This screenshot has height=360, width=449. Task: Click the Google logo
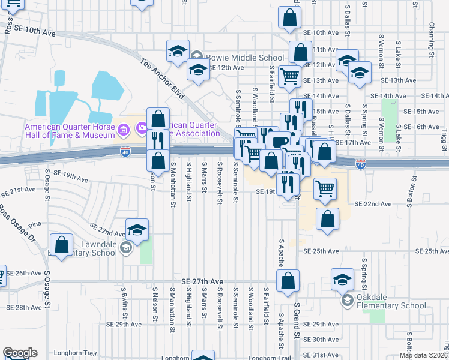(x=20, y=353)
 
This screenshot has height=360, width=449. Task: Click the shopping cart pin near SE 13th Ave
(x=289, y=76)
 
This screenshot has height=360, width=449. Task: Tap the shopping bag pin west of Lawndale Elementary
(x=61, y=245)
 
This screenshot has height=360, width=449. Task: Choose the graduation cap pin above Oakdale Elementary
(x=342, y=279)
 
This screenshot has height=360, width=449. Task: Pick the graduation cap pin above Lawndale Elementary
(x=137, y=230)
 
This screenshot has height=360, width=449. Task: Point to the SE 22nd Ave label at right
(x=373, y=205)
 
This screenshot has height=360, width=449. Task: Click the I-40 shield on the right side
(x=360, y=163)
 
